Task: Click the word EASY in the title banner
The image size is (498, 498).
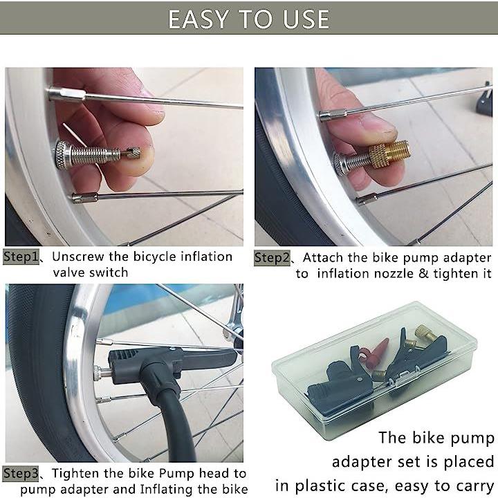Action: (198, 19)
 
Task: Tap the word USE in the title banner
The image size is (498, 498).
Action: (306, 19)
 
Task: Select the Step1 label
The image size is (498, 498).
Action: (21, 257)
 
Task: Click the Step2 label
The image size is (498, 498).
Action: (273, 258)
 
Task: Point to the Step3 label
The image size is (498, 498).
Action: (21, 474)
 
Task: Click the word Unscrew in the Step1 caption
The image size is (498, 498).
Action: (77, 257)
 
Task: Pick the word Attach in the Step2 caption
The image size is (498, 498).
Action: (323, 257)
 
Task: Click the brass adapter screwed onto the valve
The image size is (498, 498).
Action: (389, 155)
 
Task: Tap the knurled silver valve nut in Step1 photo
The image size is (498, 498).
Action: (62, 156)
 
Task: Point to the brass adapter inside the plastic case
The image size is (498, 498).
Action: (425, 333)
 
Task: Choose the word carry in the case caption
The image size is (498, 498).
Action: (475, 487)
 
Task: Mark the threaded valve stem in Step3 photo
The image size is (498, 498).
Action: (102, 371)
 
